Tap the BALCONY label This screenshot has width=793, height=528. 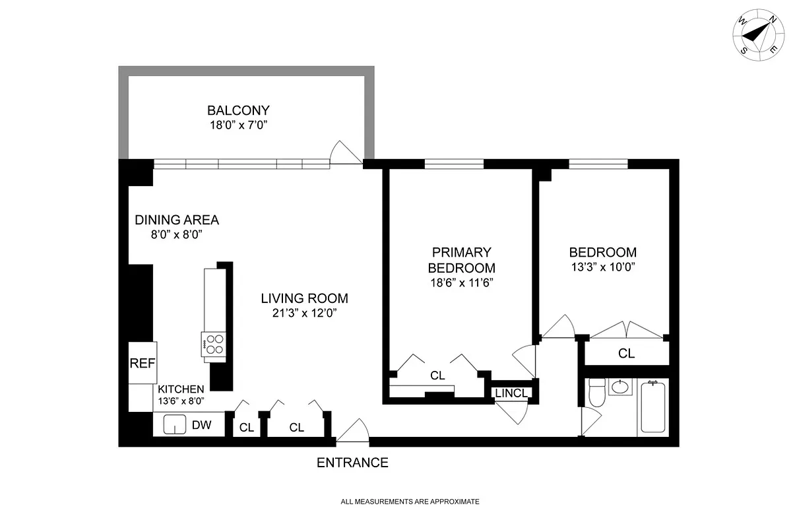click(238, 110)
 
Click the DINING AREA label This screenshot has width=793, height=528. click(177, 220)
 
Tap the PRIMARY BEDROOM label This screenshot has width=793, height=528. click(461, 260)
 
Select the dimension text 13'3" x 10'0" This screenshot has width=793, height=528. click(602, 267)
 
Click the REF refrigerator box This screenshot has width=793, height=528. click(142, 362)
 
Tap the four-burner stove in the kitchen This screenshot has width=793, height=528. click(214, 345)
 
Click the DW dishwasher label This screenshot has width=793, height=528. click(201, 426)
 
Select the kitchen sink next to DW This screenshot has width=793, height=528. click(174, 425)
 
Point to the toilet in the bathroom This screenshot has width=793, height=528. click(596, 393)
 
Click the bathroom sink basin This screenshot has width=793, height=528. click(620, 387)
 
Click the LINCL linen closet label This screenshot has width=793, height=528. click(511, 393)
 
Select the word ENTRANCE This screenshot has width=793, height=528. click(352, 463)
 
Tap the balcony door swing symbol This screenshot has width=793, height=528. click(346, 152)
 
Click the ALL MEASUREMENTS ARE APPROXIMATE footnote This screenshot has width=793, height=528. click(410, 502)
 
